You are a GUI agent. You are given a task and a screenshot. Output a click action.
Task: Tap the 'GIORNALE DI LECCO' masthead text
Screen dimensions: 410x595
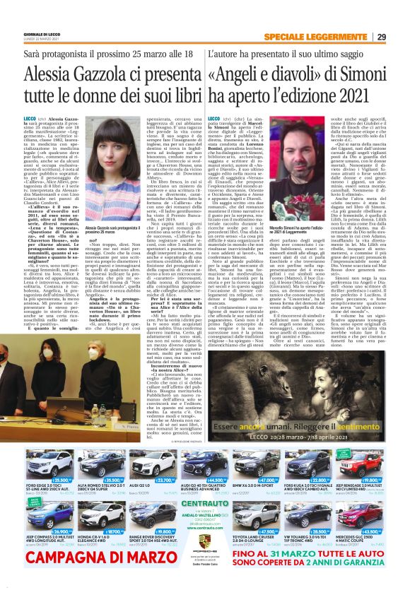click(28, 35)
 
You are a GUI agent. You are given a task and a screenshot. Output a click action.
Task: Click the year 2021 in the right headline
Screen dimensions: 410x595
click(353, 94)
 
